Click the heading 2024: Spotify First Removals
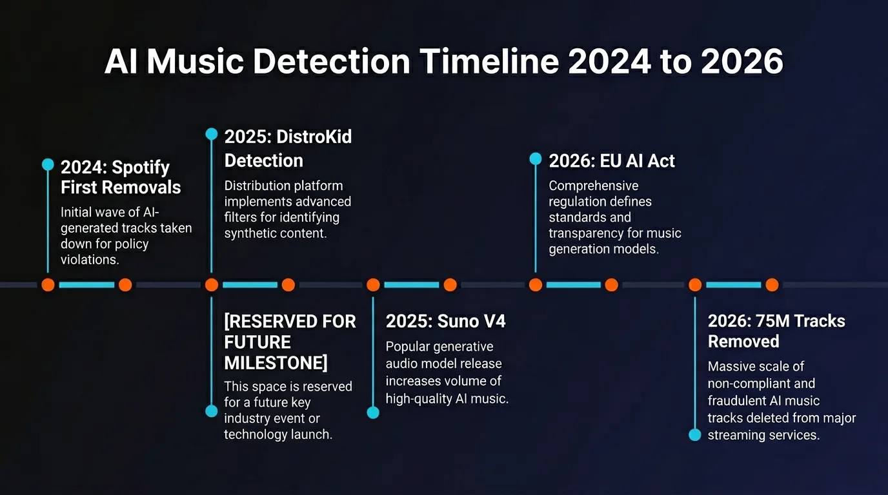tap(121, 177)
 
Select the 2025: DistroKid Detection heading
tap(288, 148)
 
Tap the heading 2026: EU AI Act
tap(611, 161)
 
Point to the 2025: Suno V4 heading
tap(445, 321)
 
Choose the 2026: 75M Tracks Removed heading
tap(776, 331)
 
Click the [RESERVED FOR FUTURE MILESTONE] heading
tap(290, 342)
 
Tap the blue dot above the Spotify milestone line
tap(48, 164)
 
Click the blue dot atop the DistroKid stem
tap(211, 134)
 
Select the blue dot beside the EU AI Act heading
tap(535, 159)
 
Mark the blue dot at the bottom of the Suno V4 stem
tap(373, 412)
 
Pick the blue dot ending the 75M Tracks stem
tap(694, 435)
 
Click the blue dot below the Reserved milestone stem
tap(211, 411)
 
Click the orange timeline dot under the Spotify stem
tap(48, 285)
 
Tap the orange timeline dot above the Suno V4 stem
tap(373, 285)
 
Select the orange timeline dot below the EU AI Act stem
tap(535, 285)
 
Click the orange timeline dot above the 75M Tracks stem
tap(695, 285)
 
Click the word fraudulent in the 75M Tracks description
tap(736, 401)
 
